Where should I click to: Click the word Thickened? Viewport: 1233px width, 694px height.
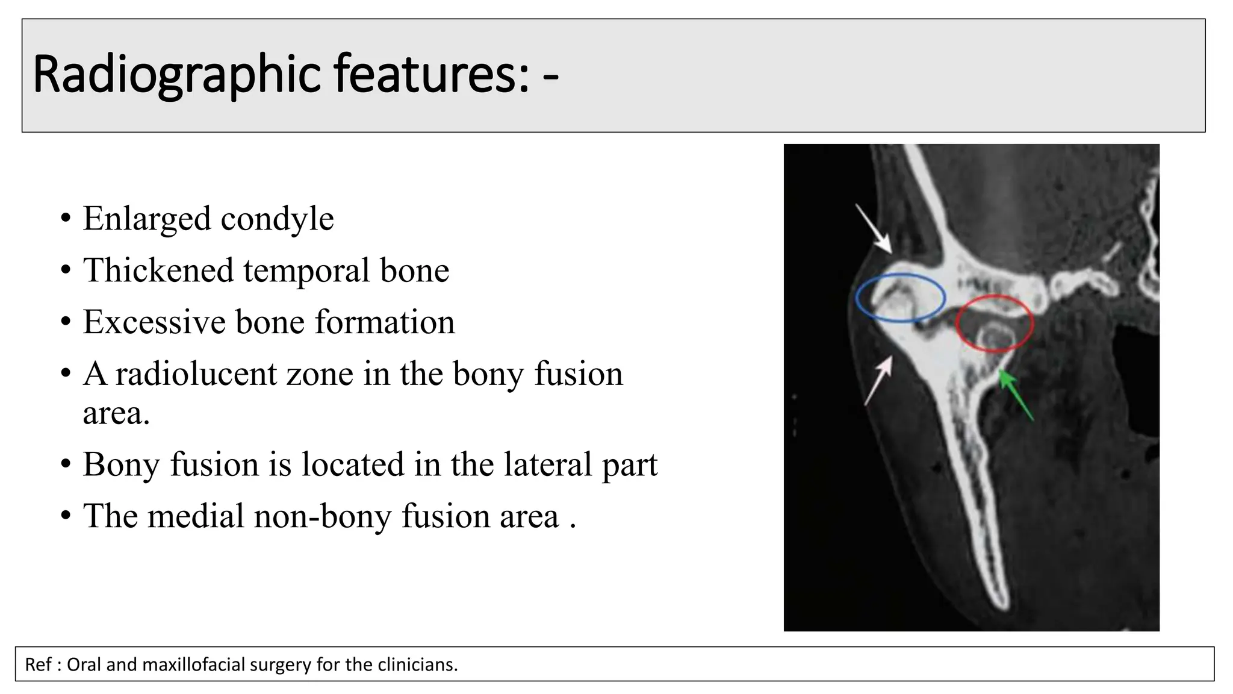158,270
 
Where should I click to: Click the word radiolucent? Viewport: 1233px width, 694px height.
194,374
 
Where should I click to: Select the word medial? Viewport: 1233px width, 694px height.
195,516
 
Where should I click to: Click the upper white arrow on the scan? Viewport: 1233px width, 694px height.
874,228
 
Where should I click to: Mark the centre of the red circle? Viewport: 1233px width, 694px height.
995,324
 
